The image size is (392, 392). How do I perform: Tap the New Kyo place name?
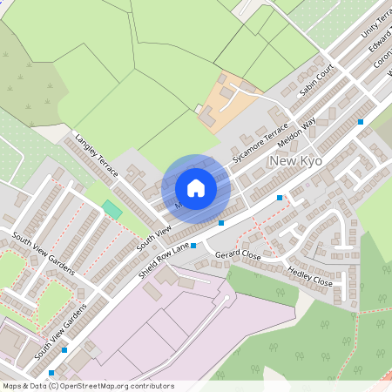pos(297,162)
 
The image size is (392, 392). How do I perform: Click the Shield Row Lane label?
pos(163,260)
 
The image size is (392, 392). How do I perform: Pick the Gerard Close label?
pos(238,255)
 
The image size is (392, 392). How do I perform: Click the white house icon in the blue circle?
pos(196,187)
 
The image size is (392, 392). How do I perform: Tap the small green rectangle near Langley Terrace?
pos(112,210)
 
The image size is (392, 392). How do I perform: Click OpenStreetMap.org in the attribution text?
pos(96,385)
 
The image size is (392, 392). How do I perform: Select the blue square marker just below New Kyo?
pos(280,198)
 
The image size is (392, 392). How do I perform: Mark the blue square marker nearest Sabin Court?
pos(361,123)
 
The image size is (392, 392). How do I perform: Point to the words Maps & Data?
pos(24,385)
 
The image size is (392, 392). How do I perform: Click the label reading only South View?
pos(153,233)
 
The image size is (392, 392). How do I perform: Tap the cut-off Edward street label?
pos(379,41)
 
